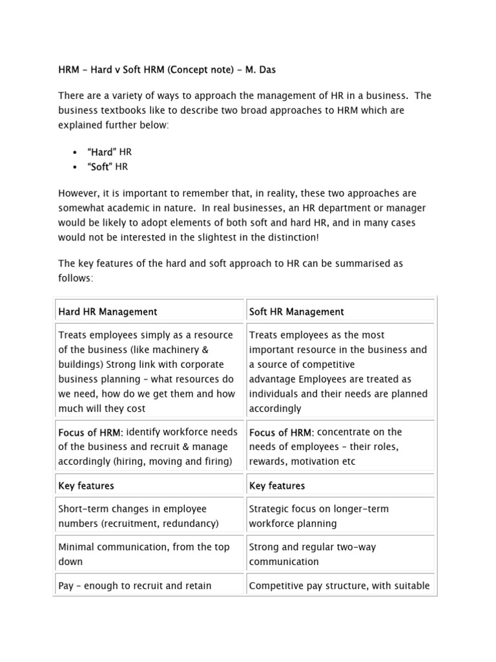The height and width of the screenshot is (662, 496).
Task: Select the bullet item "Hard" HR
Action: point(104,152)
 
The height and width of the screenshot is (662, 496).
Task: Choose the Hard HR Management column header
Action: point(108,312)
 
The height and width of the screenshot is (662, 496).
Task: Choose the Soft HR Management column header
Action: point(296,312)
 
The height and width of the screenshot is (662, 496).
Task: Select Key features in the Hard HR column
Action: point(86,486)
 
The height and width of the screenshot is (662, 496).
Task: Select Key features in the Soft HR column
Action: point(277,486)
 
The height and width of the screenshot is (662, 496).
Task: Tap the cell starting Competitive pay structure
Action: point(339,586)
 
